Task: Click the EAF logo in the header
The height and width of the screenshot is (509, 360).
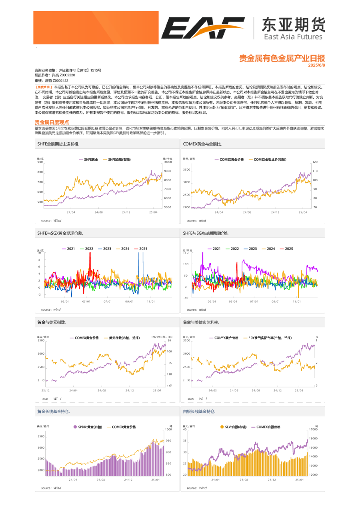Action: pyautogui.click(x=204, y=28)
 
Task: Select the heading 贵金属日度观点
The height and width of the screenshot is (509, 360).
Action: pyautogui.click(x=52, y=122)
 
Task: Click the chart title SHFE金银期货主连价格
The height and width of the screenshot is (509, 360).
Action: pyautogui.click(x=58, y=144)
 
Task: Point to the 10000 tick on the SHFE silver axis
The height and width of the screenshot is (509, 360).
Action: pyautogui.click(x=168, y=162)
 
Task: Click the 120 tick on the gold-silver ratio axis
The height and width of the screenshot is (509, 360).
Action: pyautogui.click(x=315, y=162)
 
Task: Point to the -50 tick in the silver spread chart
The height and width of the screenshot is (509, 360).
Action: pyautogui.click(x=186, y=298)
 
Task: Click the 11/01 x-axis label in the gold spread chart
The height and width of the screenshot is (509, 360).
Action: pyautogui.click(x=151, y=301)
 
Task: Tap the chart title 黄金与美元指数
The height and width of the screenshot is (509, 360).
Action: pyautogui.click(x=51, y=322)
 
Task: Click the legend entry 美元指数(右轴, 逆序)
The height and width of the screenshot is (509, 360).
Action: pyautogui.click(x=124, y=338)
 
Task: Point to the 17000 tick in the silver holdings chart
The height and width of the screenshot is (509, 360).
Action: pyautogui.click(x=313, y=429)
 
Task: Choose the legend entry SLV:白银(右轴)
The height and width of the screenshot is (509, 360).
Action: pyautogui.click(x=233, y=427)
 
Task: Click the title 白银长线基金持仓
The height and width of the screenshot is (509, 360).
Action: pyautogui.click(x=199, y=411)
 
